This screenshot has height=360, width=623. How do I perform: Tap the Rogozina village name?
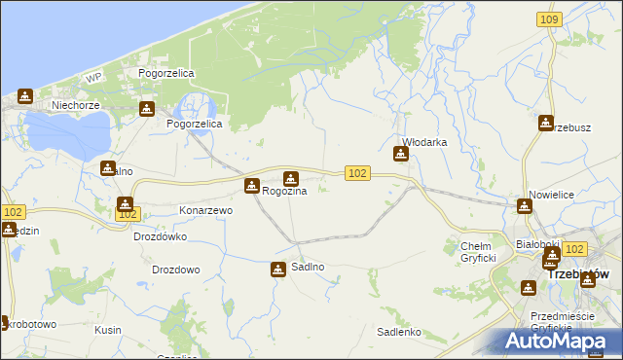(284, 192)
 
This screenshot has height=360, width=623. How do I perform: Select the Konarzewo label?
(205, 210)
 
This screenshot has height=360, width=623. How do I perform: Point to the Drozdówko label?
(160, 236)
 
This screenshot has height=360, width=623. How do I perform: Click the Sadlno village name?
(309, 267)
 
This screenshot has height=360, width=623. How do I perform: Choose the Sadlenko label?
(398, 332)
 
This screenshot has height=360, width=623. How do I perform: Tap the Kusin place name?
(108, 330)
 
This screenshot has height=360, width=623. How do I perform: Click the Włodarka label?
(424, 142)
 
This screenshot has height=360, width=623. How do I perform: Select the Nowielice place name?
(551, 196)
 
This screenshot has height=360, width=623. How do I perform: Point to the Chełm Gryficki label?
(478, 252)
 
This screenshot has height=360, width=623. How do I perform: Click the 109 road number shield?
(549, 18)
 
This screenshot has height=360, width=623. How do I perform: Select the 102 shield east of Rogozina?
(357, 172)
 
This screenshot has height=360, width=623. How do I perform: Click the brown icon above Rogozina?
(290, 178)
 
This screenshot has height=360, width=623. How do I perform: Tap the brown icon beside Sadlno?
(277, 270)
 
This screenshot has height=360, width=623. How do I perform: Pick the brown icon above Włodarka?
(400, 153)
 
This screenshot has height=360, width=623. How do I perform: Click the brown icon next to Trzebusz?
(545, 123)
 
